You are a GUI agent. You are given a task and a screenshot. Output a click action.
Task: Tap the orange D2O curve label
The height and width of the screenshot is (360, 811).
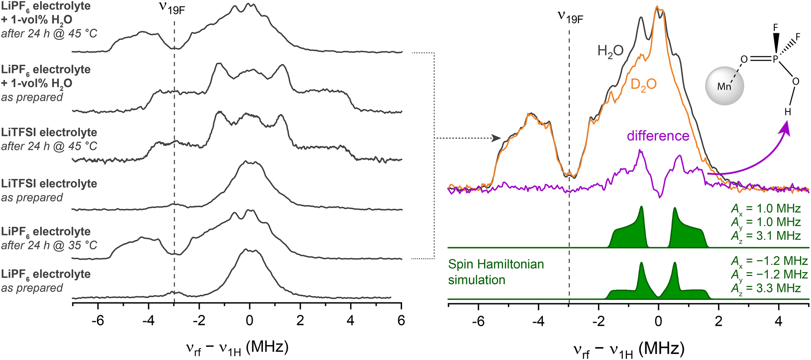643,85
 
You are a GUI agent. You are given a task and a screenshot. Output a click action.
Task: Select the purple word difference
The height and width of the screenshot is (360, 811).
658,136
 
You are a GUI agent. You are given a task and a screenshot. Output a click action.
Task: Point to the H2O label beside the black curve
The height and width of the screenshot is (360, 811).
610,51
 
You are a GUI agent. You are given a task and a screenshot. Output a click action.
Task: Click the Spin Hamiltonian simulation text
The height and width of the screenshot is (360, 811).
496,272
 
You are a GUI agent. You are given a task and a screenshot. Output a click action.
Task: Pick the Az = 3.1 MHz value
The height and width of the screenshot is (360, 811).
766,236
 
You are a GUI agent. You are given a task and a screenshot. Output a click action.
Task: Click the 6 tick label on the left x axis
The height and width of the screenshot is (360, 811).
401,321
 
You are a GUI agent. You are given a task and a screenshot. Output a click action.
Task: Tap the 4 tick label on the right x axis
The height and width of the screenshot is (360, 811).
779,321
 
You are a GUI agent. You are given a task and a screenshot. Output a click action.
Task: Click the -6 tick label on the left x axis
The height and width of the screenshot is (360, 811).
98,321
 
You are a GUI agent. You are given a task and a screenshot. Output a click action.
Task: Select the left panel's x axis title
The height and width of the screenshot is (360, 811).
237,348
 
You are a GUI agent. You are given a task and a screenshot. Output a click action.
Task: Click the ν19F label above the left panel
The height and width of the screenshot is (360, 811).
172,8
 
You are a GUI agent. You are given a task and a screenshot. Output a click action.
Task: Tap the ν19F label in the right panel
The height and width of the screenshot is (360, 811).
570,17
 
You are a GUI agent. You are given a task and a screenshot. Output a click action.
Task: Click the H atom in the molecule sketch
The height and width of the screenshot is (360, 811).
788,112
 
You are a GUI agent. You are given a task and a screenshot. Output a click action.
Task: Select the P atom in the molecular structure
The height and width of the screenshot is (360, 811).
776,59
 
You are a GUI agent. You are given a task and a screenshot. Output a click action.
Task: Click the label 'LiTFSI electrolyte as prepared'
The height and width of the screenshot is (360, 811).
49,190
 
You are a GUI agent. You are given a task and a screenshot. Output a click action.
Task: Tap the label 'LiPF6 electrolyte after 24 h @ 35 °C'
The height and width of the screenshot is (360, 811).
49,238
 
